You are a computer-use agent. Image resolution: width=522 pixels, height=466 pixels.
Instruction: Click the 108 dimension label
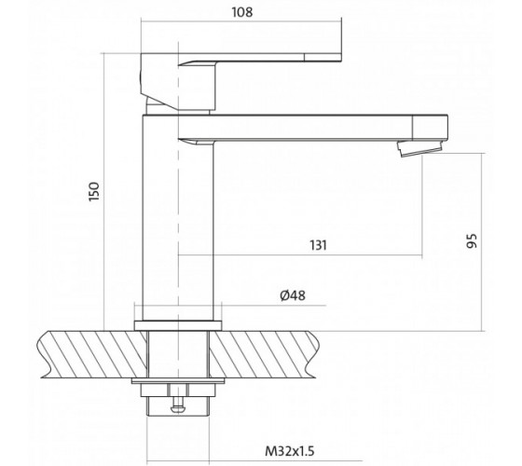click(x=242, y=12)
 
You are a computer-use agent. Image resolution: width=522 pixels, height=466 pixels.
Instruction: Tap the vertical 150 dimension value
click(x=94, y=191)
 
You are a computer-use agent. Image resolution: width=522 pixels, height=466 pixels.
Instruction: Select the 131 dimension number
click(x=318, y=245)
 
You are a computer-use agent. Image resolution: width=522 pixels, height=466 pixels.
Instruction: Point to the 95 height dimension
click(x=472, y=240)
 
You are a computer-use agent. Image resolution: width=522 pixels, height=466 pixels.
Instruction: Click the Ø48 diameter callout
click(x=293, y=295)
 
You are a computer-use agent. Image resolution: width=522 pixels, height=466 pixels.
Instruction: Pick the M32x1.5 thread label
click(x=289, y=451)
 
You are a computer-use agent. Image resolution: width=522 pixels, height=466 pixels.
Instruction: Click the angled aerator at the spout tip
click(x=420, y=148)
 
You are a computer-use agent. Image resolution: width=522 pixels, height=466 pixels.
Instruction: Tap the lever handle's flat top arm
click(x=260, y=57)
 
